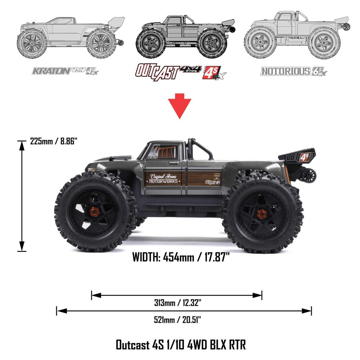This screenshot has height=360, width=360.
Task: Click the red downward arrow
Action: tap(180, 105)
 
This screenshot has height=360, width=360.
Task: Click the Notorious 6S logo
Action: tap(294, 71)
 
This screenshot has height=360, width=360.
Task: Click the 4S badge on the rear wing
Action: tap(305, 157)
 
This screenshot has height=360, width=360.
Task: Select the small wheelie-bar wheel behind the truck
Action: tap(309, 175)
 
